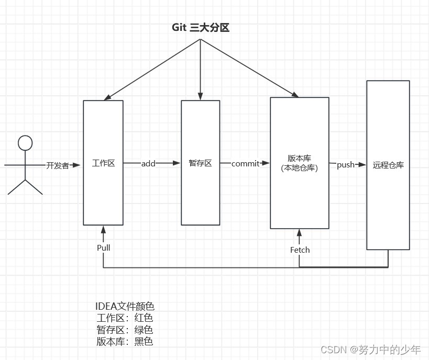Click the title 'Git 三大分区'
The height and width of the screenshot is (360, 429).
point(201,28)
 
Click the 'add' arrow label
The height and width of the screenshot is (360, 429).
point(148,163)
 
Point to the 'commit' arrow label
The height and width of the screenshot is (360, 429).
point(245,163)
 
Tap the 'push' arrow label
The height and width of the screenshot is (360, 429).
point(346,165)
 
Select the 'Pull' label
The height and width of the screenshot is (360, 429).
point(104,248)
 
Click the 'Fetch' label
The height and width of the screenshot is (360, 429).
point(300,250)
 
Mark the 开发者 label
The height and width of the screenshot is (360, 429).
point(58,165)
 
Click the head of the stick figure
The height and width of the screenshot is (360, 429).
point(25,142)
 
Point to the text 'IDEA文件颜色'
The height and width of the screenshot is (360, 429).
point(125,307)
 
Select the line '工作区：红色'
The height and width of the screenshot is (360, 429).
point(125,318)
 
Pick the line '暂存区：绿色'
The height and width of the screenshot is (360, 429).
point(125,330)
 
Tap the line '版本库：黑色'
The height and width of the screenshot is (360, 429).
point(125,342)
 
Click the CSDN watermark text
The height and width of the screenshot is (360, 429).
point(370,350)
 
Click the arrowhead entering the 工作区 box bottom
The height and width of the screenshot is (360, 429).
point(104,229)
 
